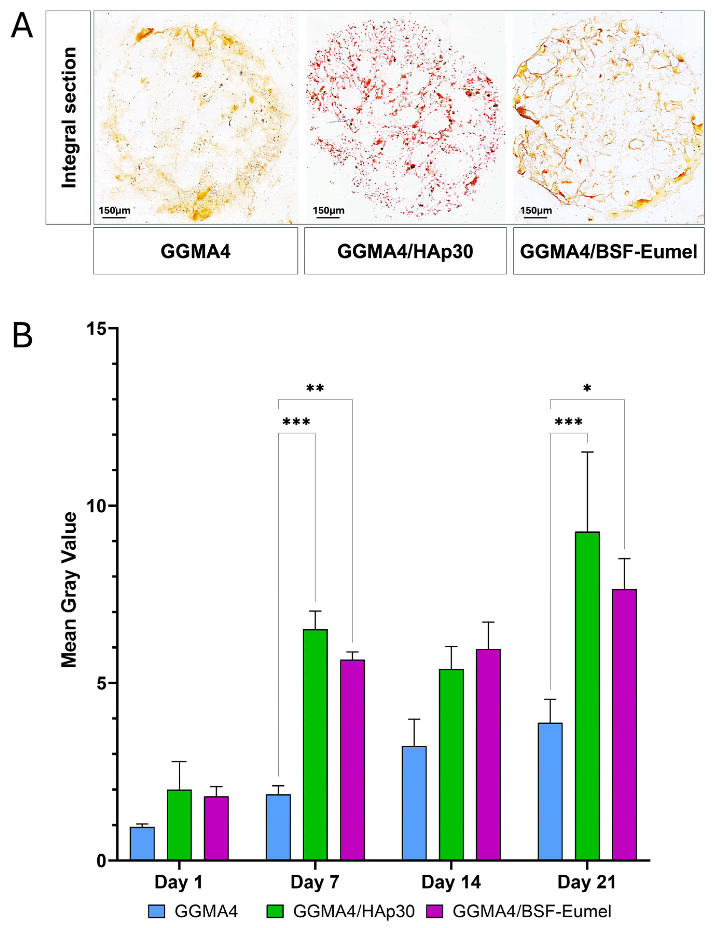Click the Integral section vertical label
click(69, 117)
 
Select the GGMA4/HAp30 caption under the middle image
click(405, 252)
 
